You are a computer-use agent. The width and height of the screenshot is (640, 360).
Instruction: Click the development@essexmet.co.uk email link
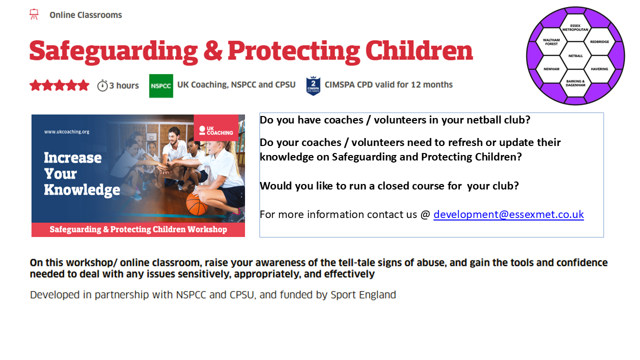[508, 214]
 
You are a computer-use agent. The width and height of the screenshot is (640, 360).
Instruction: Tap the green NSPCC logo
[161, 85]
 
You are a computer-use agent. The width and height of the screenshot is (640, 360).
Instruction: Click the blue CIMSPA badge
[313, 86]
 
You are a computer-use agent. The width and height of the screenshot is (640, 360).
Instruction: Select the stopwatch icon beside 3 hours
[102, 85]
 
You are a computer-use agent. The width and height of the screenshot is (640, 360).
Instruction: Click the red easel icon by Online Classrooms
[34, 14]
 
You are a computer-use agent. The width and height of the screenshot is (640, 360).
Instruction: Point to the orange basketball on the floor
[197, 203]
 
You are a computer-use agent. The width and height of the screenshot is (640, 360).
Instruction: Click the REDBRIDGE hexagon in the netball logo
[599, 41]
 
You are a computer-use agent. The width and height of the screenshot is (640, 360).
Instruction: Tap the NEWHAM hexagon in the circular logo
[551, 69]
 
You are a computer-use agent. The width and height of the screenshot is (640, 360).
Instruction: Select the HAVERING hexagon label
[599, 69]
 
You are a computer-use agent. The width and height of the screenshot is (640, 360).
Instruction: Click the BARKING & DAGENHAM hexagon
[575, 83]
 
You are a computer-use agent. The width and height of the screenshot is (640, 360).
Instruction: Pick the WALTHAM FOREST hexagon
[551, 41]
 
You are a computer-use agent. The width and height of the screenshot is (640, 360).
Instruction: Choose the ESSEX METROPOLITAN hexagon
[575, 27]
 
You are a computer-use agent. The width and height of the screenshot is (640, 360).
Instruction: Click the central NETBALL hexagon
[575, 55]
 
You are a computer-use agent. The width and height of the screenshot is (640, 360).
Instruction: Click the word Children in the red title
[419, 51]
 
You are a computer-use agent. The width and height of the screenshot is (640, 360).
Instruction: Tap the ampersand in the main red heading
[213, 51]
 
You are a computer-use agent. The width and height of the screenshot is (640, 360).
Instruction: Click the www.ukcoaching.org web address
[66, 131]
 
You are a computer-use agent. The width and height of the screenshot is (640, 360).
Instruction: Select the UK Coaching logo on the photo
[216, 130]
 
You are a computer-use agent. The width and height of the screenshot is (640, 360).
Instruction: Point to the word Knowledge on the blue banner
[82, 190]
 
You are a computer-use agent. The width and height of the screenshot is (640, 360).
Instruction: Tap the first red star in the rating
[35, 85]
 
